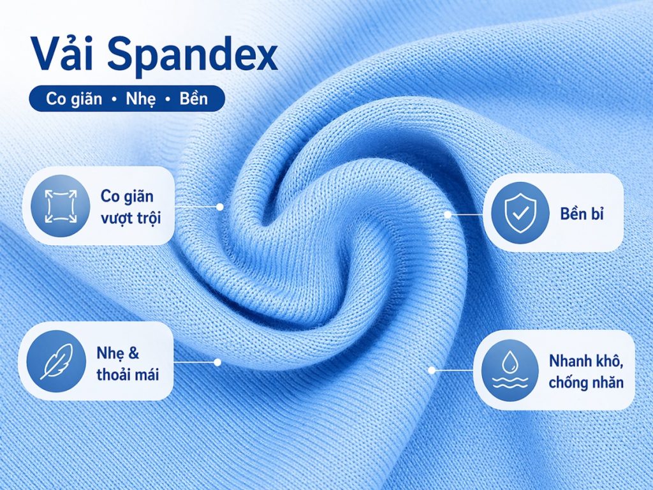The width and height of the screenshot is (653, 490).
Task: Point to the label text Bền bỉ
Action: pyautogui.click(x=582, y=213)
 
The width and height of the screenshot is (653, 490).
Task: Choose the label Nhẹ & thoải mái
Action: pyautogui.click(x=127, y=362)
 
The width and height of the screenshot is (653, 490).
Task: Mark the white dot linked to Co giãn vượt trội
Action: pyautogui.click(x=220, y=207)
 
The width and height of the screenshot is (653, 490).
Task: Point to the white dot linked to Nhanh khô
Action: pyautogui.click(x=432, y=369)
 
